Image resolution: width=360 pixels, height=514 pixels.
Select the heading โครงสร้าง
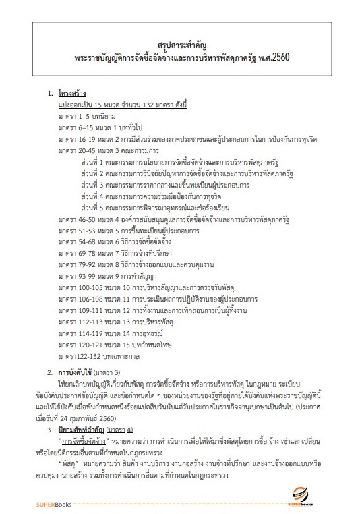tap(73, 94)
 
